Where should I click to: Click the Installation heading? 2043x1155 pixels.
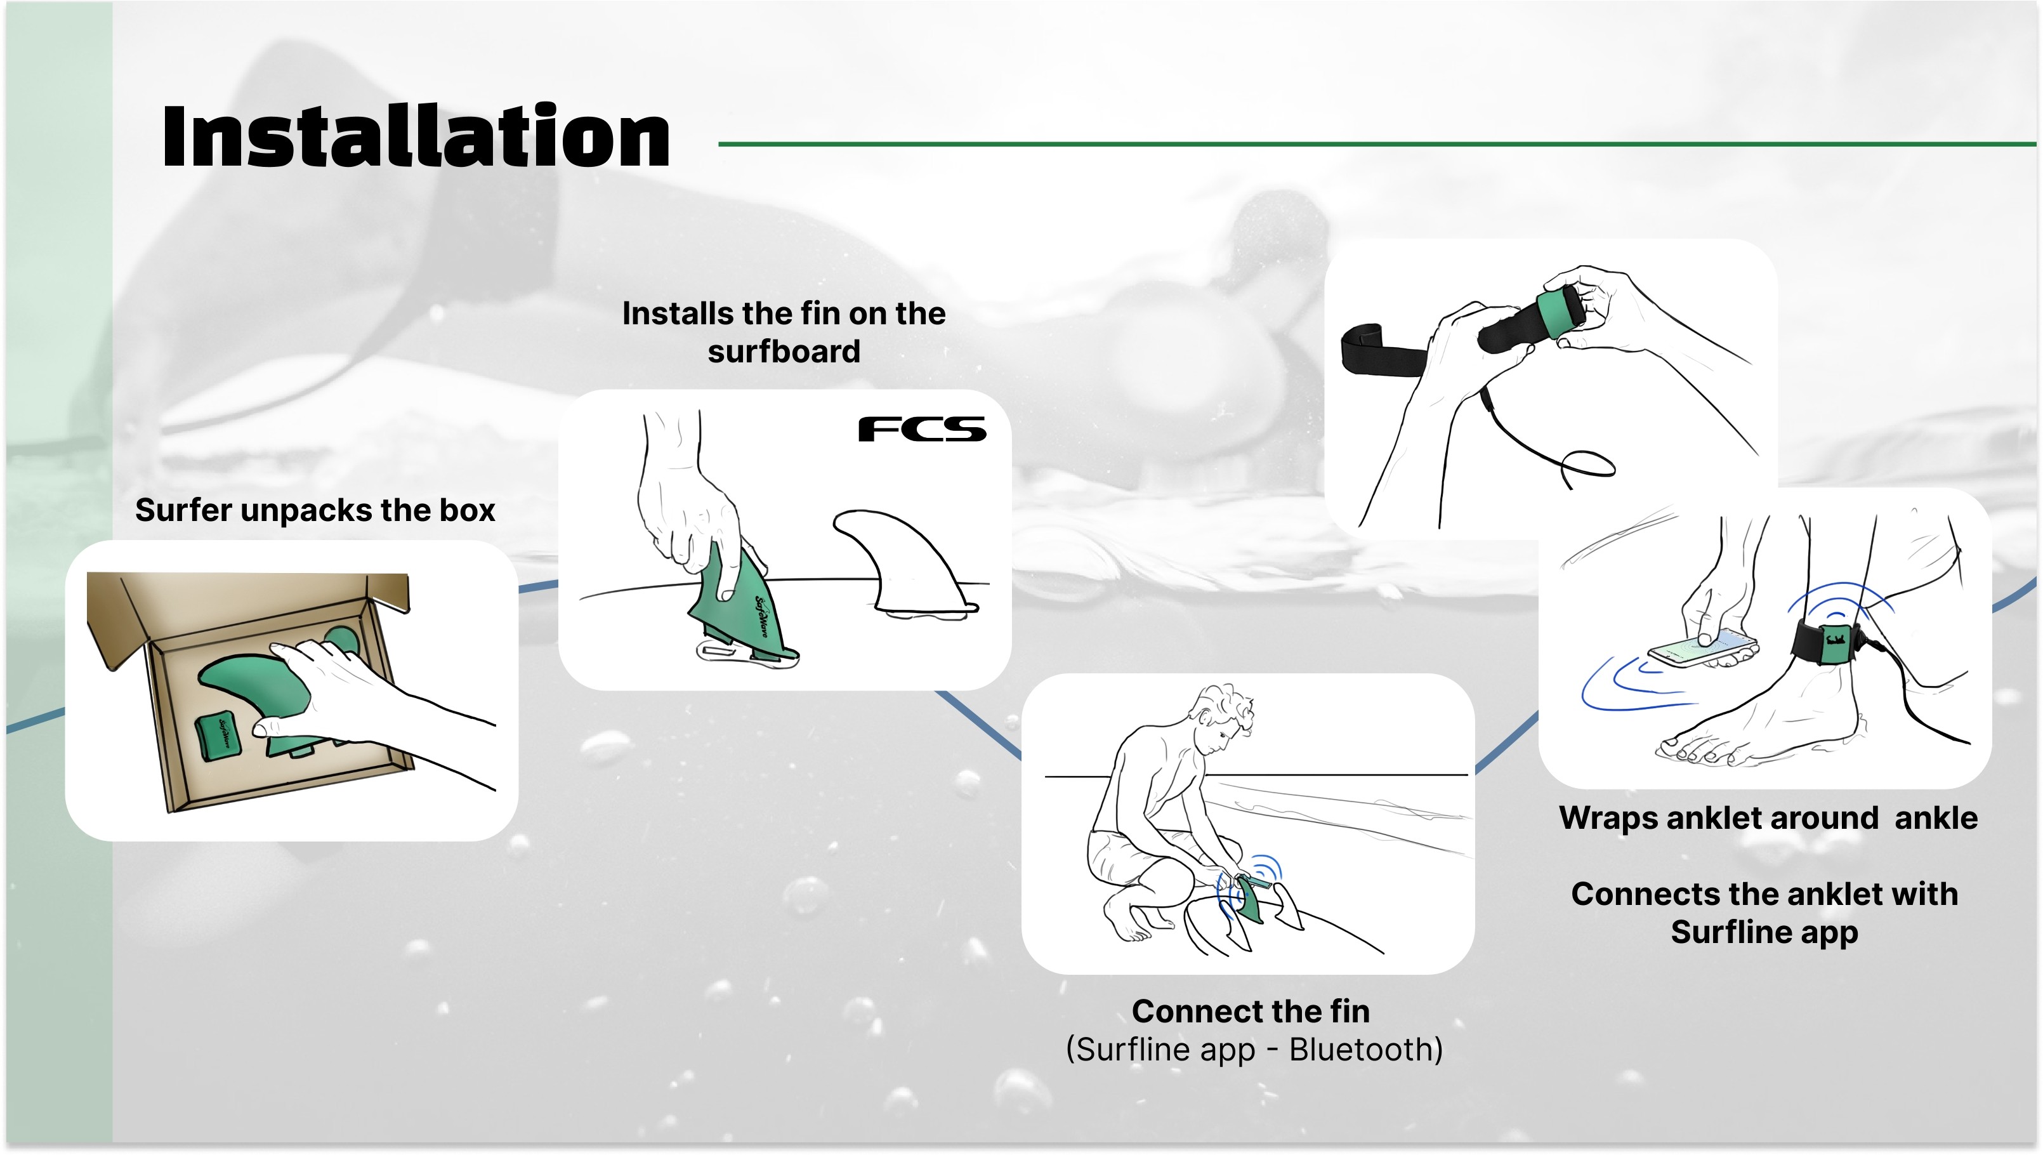tap(416, 136)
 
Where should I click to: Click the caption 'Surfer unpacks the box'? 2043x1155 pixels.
tap(315, 510)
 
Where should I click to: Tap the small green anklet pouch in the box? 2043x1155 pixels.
tap(218, 736)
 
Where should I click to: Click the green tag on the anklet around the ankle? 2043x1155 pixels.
tap(1835, 642)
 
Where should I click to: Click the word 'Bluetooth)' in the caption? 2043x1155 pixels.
tap(1365, 1050)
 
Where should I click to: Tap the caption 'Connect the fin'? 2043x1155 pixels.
tap(1251, 1012)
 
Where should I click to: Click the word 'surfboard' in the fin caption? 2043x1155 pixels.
tap(784, 352)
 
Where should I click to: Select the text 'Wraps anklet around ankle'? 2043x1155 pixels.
tap(1768, 818)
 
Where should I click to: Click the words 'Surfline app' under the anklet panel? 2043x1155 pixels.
tap(1764, 932)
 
